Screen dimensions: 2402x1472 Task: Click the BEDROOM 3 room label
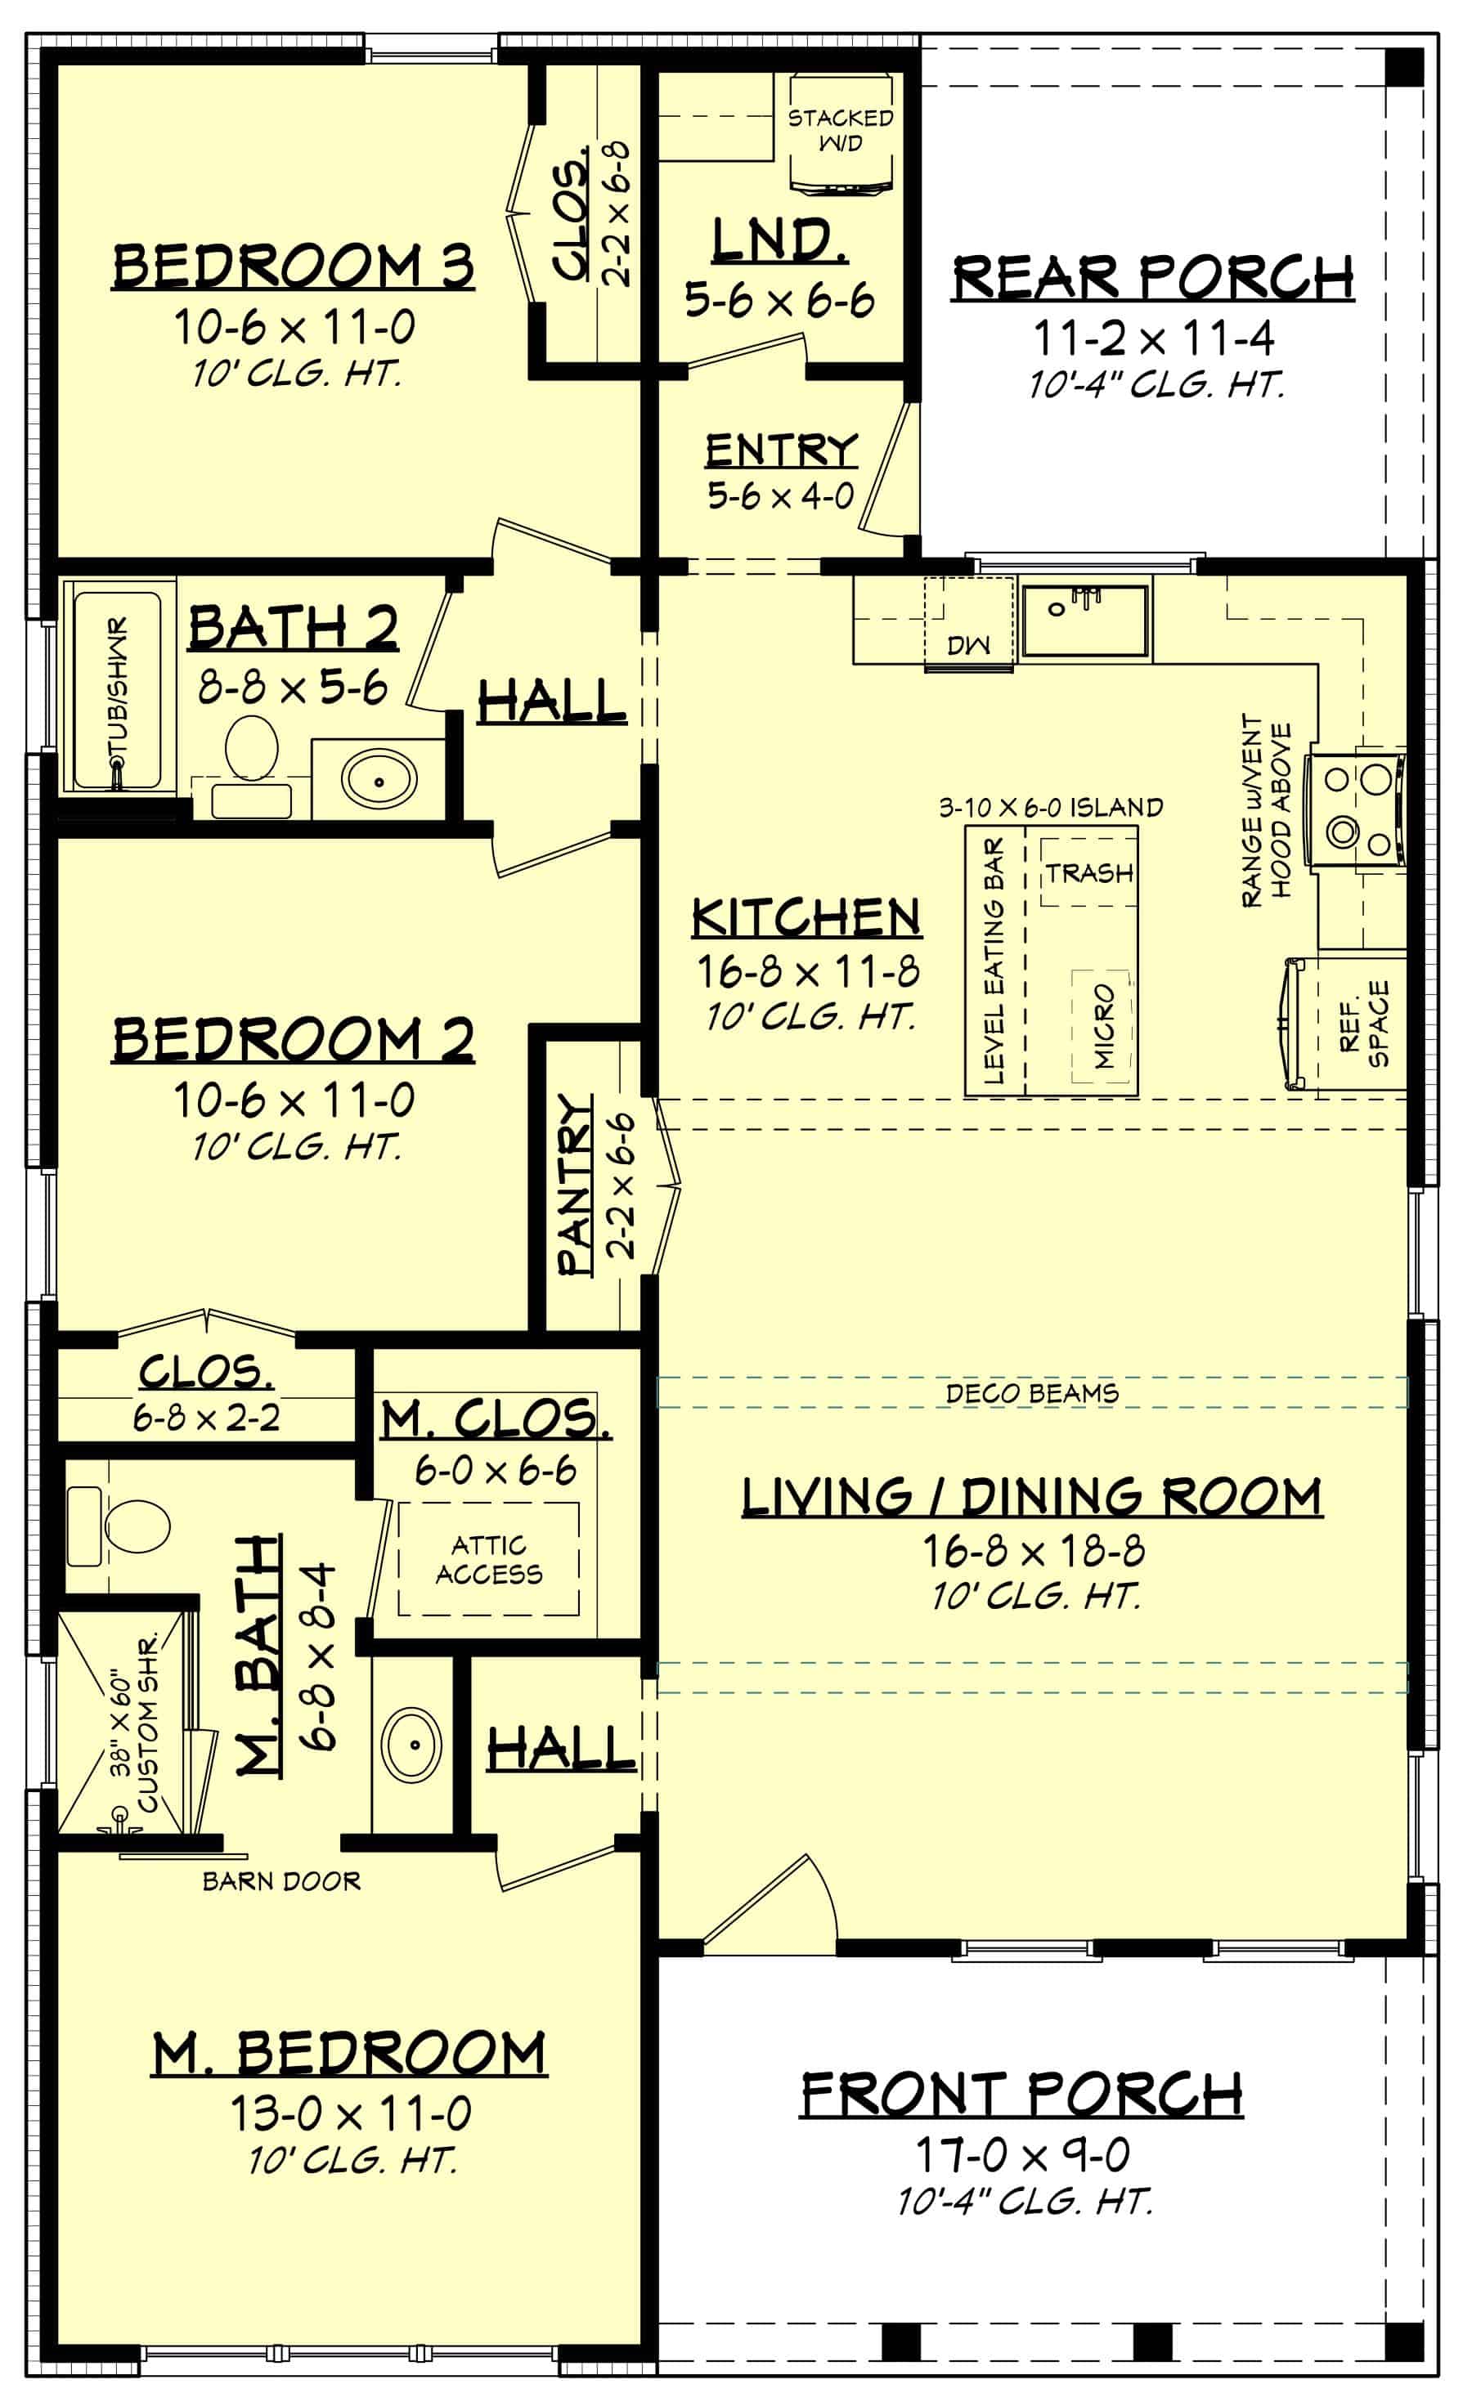pos(294,267)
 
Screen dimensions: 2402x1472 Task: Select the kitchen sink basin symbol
pos(1084,619)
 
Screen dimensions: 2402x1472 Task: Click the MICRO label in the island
pos(1102,1025)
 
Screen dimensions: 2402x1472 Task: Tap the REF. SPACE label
pos(1364,1024)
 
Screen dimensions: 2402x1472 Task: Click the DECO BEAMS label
pos(1031,1393)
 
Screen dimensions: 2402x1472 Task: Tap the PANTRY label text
pos(575,1185)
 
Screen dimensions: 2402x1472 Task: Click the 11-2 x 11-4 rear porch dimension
pos(1153,338)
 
